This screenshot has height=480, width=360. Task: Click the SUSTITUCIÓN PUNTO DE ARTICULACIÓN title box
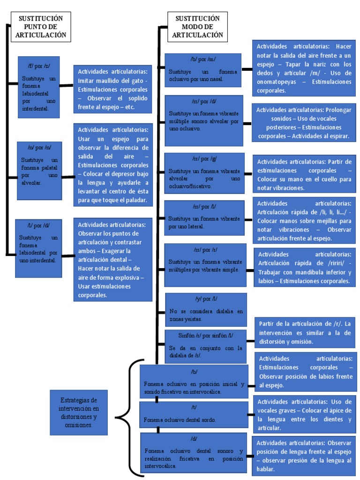[x=41, y=26]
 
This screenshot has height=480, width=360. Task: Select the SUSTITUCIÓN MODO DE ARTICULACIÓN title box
[x=197, y=26]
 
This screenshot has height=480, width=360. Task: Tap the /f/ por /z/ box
[x=39, y=87]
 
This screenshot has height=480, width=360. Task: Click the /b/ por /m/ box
[x=203, y=70]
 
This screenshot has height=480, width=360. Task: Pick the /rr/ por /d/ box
[x=204, y=120]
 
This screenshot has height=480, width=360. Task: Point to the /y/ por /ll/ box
[x=206, y=309]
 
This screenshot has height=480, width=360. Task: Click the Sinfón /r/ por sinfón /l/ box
[x=206, y=346]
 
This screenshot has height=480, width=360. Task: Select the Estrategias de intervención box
[x=79, y=412]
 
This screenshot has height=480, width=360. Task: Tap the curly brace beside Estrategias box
[x=123, y=414]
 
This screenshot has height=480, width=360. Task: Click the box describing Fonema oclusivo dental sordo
[x=194, y=414]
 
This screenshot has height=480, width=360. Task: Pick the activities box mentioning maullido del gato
[x=112, y=89]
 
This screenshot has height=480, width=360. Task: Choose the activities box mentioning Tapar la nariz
[x=304, y=68]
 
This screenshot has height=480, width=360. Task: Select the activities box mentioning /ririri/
[x=304, y=268]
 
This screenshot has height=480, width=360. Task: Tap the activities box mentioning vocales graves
[x=304, y=415]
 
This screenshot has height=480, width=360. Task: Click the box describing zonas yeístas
[x=206, y=309]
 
